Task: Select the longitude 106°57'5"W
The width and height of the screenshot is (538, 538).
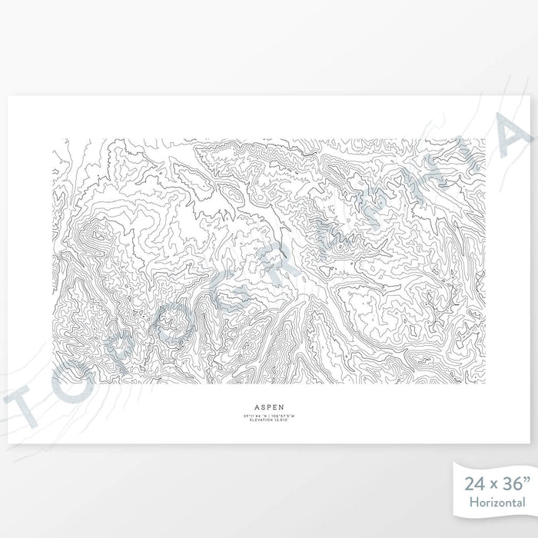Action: pyautogui.click(x=283, y=416)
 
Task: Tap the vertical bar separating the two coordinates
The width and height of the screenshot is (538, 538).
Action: pyautogui.click(x=269, y=416)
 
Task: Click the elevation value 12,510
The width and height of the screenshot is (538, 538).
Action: pyautogui.click(x=281, y=420)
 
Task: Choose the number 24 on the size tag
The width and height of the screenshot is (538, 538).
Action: pyautogui.click(x=475, y=484)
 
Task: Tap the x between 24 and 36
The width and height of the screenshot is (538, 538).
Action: pyautogui.click(x=493, y=486)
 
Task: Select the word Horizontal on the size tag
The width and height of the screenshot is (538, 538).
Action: pyautogui.click(x=494, y=502)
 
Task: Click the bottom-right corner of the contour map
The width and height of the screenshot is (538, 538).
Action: pyautogui.click(x=486, y=384)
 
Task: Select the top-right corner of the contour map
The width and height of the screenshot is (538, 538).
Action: pyautogui.click(x=486, y=139)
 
